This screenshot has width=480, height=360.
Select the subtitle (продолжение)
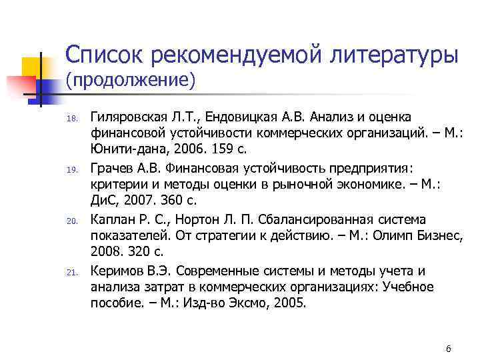(x=130, y=81)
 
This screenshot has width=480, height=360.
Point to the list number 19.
(x=75, y=170)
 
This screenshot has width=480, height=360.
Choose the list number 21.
(x=75, y=271)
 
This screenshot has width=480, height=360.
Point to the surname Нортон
(x=193, y=219)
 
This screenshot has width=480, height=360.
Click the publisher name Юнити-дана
(x=121, y=150)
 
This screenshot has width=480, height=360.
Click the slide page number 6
(x=449, y=349)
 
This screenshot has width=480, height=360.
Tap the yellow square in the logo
(x=32, y=66)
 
